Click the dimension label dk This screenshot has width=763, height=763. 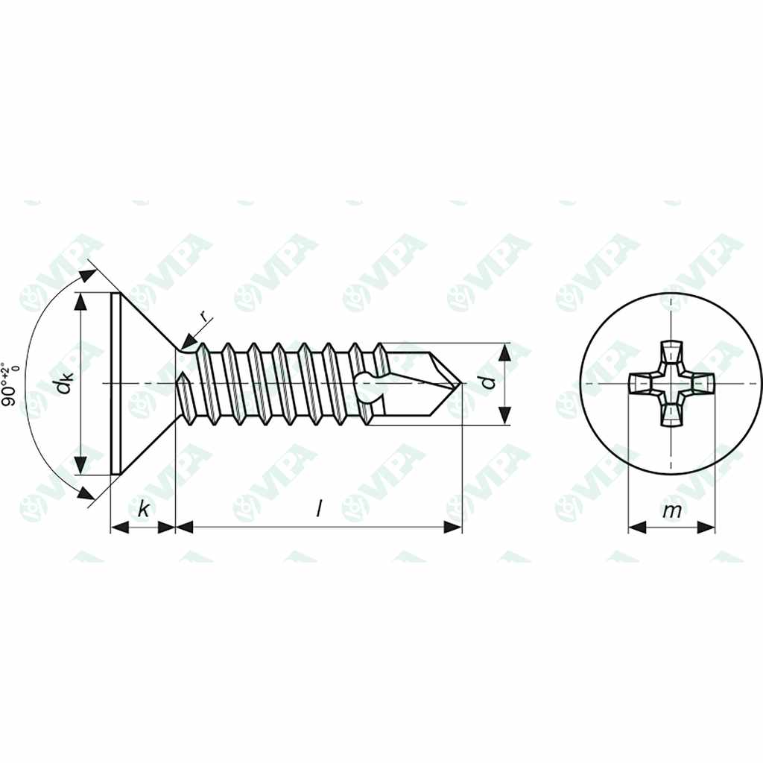(x=65, y=384)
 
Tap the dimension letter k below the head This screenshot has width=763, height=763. (x=143, y=509)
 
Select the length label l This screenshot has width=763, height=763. (x=319, y=509)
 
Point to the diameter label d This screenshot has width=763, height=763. (x=488, y=383)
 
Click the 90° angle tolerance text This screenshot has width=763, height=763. (x=10, y=383)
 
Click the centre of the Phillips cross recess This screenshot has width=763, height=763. (x=671, y=383)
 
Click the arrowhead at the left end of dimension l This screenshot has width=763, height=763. (x=184, y=527)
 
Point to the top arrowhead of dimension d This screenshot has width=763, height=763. (x=505, y=352)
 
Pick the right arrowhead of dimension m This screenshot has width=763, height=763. (x=706, y=527)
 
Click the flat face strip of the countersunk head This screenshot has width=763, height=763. (x=115, y=383)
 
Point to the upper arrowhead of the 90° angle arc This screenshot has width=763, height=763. (x=87, y=276)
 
